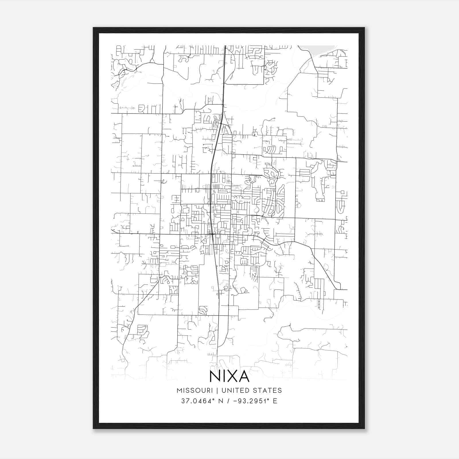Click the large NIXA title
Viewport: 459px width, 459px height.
[229, 376]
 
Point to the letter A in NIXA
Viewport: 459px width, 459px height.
[243, 376]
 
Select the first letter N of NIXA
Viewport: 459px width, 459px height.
[215, 376]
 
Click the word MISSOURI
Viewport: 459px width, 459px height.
[195, 390]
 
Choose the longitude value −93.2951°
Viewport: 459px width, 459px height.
[254, 401]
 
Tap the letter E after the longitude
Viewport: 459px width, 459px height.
[275, 401]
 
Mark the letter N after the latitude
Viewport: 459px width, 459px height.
[221, 401]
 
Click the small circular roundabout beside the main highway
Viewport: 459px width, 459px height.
[217, 121]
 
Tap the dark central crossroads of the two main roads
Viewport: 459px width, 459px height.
[212, 235]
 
